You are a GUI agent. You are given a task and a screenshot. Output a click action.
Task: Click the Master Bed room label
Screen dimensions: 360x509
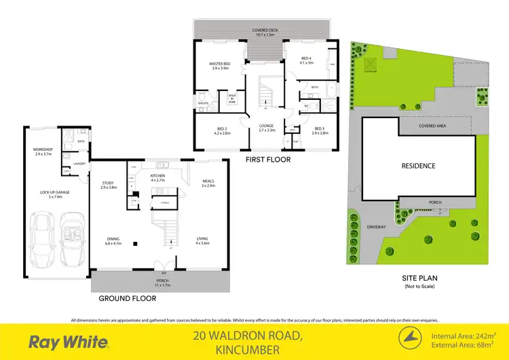pyautogui.click(x=222, y=66)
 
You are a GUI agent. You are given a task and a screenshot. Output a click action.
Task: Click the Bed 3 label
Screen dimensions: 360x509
pyautogui.click(x=320, y=130)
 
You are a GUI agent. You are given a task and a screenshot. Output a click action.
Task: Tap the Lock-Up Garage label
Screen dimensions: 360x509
pyautogui.click(x=56, y=193)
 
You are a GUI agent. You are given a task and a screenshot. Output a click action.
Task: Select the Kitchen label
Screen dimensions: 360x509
pyautogui.click(x=157, y=178)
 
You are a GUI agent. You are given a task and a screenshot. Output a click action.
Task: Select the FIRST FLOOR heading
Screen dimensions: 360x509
pyautogui.click(x=268, y=160)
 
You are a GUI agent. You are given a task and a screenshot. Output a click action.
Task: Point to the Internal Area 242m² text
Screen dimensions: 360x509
pyautogui.click(x=464, y=335)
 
